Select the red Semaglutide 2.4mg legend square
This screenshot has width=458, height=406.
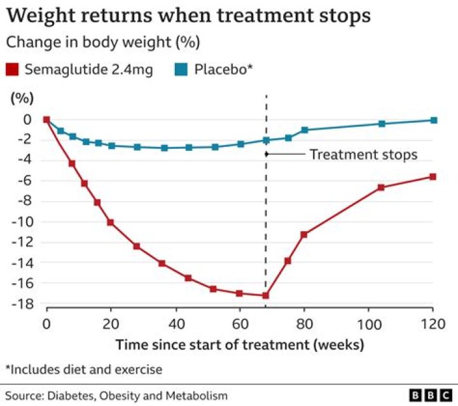click(13, 70)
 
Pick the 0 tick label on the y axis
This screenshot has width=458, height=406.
click(26, 119)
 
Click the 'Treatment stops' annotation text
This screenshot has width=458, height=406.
click(363, 155)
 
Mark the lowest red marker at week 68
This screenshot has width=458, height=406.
click(265, 295)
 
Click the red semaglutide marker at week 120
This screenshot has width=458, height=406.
click(433, 176)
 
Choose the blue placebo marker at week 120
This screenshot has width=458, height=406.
click(434, 120)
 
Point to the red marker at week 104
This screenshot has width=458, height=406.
click(382, 187)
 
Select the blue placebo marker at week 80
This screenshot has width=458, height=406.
click(305, 130)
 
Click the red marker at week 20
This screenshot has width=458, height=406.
click(110, 222)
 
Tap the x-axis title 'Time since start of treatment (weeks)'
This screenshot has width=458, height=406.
click(240, 345)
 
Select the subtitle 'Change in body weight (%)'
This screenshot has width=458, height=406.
click(103, 43)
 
